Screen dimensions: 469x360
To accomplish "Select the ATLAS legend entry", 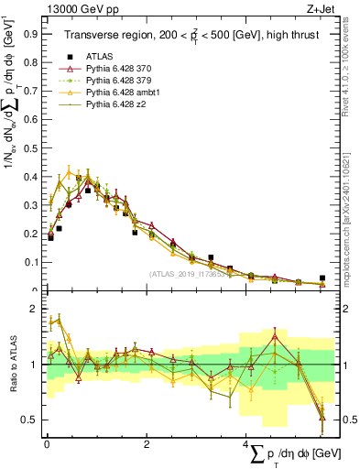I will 101,56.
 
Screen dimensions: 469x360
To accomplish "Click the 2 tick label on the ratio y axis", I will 35,309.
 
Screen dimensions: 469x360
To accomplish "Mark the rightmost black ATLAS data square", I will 322,278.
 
